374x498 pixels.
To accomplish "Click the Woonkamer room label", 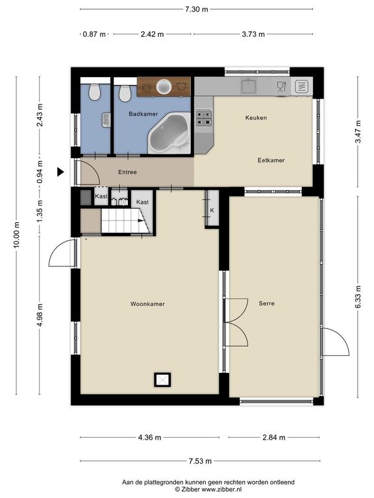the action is pyautogui.click(x=147, y=304).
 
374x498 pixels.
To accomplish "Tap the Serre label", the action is pyautogui.click(x=266, y=303).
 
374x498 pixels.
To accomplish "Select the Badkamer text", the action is pyautogui.click(x=143, y=113).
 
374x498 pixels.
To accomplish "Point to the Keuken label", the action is pyautogui.click(x=256, y=117).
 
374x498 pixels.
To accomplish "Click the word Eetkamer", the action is pyautogui.click(x=271, y=160).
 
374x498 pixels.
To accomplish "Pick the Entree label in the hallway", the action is pyautogui.click(x=127, y=172).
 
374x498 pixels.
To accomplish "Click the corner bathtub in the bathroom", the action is pyautogui.click(x=169, y=133).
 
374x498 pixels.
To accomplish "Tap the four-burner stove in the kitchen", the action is pyautogui.click(x=204, y=117).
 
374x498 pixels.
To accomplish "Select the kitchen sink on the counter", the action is pyautogui.click(x=249, y=86).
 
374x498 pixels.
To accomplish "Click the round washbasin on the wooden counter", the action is pyautogui.click(x=164, y=86).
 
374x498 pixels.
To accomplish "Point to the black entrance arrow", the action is pyautogui.click(x=60, y=172).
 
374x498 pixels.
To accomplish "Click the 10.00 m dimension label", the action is pyautogui.click(x=16, y=235).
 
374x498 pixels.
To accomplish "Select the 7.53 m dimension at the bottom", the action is pyautogui.click(x=200, y=461).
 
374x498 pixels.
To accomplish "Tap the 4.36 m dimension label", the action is pyautogui.click(x=149, y=437).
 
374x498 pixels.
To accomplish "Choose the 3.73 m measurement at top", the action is pyautogui.click(x=253, y=34).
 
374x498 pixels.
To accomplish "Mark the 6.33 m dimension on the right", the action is pyautogui.click(x=358, y=297).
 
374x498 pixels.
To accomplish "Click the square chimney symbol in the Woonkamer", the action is pyautogui.click(x=162, y=380).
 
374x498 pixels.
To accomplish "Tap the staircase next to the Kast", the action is pyautogui.click(x=125, y=220).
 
